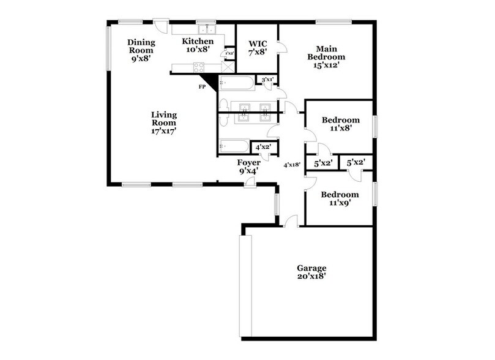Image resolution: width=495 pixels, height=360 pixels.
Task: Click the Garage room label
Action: [x=311, y=272]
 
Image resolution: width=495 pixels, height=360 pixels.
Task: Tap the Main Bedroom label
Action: [x=327, y=56]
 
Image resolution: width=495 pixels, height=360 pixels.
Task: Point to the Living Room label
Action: [x=164, y=122]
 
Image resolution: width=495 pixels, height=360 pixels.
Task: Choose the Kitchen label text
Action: [x=198, y=45]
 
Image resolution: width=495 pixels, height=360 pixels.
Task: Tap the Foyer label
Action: [x=248, y=167]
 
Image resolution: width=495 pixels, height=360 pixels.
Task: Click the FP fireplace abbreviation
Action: [x=202, y=87]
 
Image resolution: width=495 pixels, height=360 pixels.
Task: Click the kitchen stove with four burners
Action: [x=199, y=68]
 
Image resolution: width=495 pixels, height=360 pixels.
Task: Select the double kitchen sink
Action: [x=206, y=29]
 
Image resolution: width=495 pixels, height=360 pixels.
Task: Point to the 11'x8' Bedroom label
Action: [x=341, y=124]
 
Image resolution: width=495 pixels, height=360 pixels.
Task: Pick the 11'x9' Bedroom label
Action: [x=341, y=199]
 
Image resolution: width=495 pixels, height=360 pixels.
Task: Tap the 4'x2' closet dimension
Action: [x=264, y=147]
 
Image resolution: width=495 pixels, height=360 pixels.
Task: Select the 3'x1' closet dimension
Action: [x=267, y=80]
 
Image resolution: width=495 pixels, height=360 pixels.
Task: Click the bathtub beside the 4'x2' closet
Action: [x=234, y=146]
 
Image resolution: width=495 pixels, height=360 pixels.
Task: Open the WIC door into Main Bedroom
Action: [x=281, y=48]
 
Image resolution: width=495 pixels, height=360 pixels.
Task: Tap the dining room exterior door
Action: [x=161, y=26]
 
